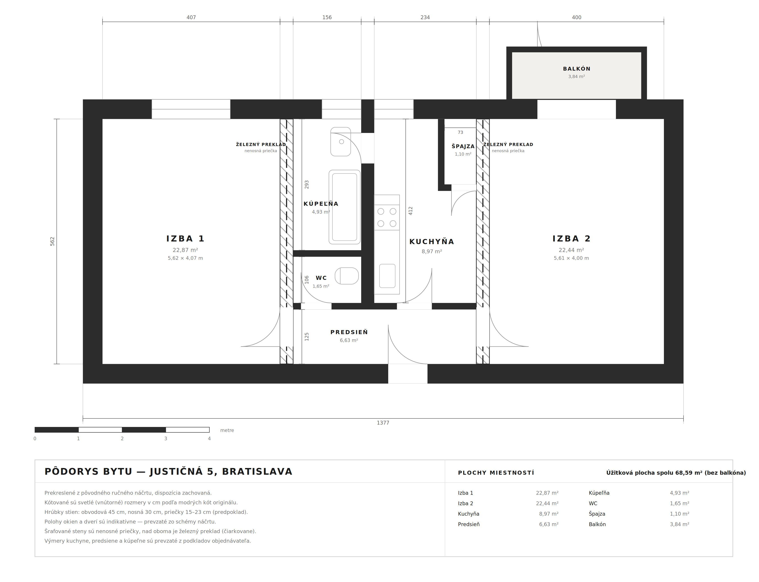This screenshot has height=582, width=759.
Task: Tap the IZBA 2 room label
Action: click(x=571, y=239)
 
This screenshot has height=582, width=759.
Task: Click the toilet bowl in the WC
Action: click(x=346, y=276)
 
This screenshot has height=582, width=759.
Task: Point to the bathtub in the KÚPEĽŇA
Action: click(x=344, y=207)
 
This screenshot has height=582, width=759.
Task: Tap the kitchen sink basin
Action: click(x=387, y=276)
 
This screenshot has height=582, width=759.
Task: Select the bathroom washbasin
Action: click(x=340, y=142)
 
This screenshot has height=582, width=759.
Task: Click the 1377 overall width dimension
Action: click(x=383, y=423)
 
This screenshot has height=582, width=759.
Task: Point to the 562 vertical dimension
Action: click(x=52, y=241)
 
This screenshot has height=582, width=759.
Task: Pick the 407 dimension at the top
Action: click(x=191, y=17)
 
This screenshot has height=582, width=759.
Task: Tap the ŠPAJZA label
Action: click(x=463, y=146)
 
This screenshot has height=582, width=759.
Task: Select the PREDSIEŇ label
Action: click(x=349, y=332)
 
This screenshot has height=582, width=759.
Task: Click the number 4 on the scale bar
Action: click(x=209, y=439)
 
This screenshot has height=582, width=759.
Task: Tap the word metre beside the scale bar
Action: click(x=227, y=430)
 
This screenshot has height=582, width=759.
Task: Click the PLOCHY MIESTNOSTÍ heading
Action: click(x=496, y=473)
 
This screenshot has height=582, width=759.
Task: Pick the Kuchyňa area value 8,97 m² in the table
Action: click(x=548, y=514)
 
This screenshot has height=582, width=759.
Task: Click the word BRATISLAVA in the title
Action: click(x=257, y=472)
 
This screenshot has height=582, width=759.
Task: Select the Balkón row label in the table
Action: click(x=597, y=524)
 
